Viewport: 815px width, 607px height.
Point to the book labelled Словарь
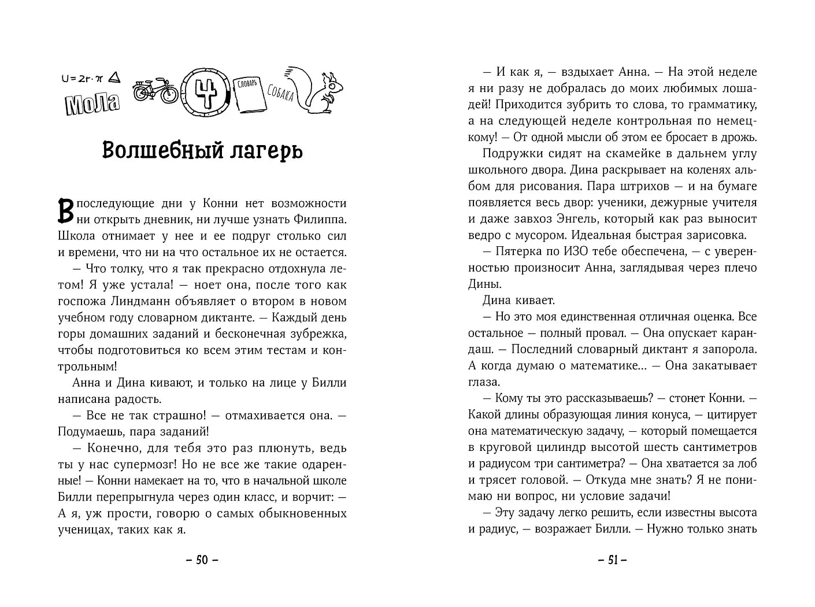pos(251,95)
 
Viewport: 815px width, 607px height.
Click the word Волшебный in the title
pos(158,150)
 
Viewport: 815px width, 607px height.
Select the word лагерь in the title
pos(266,150)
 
